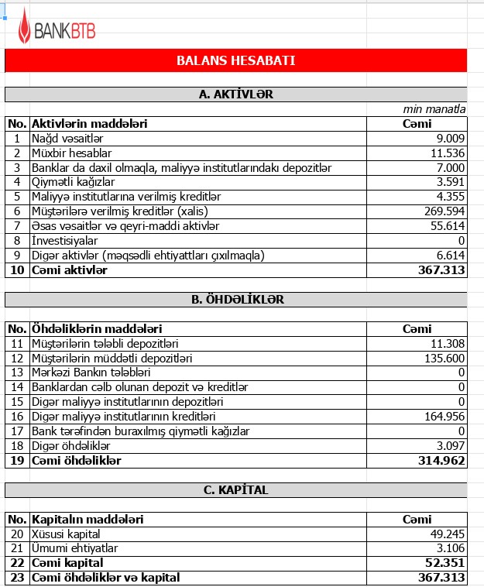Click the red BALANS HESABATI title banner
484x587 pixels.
[236, 60]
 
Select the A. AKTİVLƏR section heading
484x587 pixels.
[236, 94]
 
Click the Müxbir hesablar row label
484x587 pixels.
[71, 153]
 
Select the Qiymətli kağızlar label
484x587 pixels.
[73, 182]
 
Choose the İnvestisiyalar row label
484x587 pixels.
[67, 240]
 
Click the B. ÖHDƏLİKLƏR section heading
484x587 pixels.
[236, 299]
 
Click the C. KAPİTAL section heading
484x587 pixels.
[236, 489]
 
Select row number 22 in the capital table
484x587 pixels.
[16, 562]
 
